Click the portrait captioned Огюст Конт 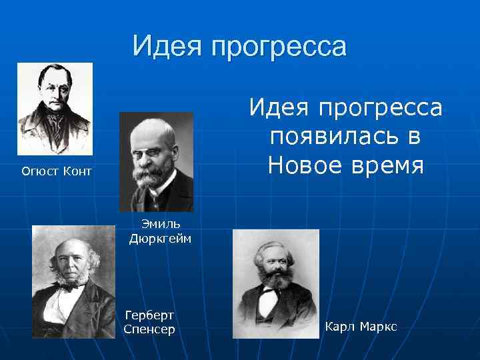55,109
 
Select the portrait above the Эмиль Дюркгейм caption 156,161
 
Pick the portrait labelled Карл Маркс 276,283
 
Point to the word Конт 77,171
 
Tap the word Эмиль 160,223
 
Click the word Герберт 150,314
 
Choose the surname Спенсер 149,329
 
